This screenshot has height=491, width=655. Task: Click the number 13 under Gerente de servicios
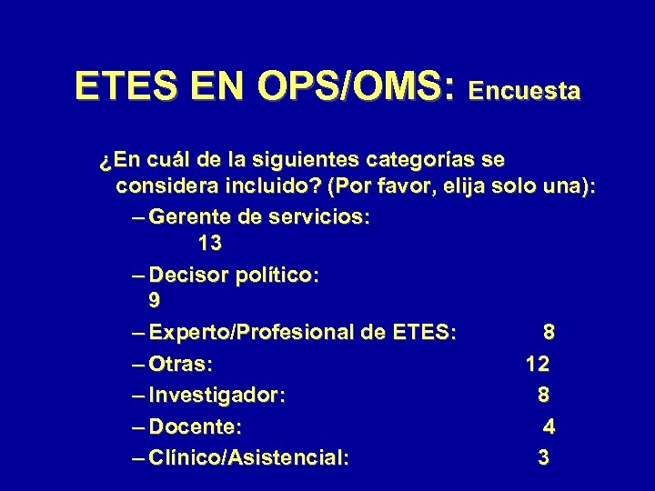coord(209,245)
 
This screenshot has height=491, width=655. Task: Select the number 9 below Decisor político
coord(156,300)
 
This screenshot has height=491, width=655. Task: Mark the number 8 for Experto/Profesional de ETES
coord(549,333)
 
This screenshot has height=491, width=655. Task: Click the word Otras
coord(180,366)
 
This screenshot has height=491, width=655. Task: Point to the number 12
coord(537,366)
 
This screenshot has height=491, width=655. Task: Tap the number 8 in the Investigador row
coord(543,396)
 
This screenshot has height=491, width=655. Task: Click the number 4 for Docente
coord(549,427)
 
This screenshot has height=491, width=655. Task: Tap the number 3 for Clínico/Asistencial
coord(543,458)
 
